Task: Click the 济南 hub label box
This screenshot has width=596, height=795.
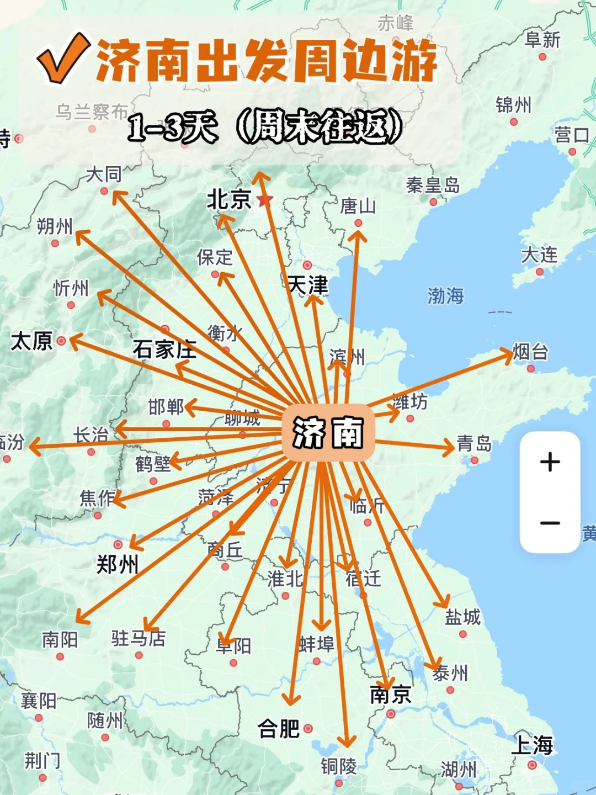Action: click(x=328, y=432)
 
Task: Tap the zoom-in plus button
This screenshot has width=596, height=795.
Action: click(x=550, y=462)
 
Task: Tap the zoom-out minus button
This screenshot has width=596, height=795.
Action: click(x=550, y=522)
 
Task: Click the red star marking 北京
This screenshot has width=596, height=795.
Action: click(x=265, y=199)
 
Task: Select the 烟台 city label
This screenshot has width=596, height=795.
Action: click(x=530, y=352)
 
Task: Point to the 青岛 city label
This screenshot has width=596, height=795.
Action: click(x=474, y=443)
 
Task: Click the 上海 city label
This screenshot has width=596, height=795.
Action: click(x=532, y=745)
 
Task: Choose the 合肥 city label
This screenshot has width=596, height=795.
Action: click(x=279, y=729)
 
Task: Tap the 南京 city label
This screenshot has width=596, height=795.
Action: click(x=391, y=695)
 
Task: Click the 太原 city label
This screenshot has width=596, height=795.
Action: click(x=32, y=341)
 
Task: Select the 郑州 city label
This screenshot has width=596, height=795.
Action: click(x=118, y=564)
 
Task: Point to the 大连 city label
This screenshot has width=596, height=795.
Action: click(x=539, y=255)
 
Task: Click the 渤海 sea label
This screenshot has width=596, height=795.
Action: click(x=445, y=296)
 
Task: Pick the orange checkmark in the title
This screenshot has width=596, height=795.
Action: click(x=63, y=58)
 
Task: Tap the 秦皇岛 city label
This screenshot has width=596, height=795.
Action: click(x=433, y=185)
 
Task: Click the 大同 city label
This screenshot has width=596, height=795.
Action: click(x=104, y=174)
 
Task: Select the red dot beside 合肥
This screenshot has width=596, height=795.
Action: click(x=308, y=729)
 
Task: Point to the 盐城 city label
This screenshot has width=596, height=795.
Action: click(x=462, y=617)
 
